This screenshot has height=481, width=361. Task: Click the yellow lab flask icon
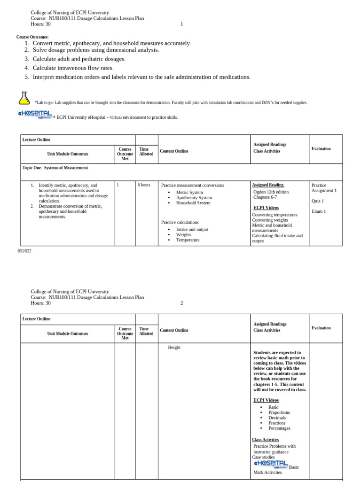click(x=24, y=98)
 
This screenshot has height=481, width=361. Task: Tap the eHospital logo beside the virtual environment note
click(x=35, y=115)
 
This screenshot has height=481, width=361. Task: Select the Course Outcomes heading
click(x=32, y=37)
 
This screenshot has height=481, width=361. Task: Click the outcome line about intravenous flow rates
click(x=73, y=68)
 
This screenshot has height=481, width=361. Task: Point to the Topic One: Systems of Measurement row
click(x=55, y=168)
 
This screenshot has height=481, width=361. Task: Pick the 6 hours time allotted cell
click(x=144, y=185)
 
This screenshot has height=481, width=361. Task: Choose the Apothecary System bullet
click(x=194, y=198)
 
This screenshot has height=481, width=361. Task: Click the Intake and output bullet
click(x=192, y=229)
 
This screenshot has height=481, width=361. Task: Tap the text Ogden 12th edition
click(x=271, y=192)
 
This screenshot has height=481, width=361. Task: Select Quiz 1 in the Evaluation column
click(x=318, y=201)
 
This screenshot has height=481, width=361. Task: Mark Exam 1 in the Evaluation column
click(x=318, y=211)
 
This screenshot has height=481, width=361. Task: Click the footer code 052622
click(x=24, y=251)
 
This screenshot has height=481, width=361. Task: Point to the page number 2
click(x=182, y=303)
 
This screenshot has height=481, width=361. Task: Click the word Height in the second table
click(x=174, y=348)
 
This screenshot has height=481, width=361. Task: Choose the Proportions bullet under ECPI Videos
click(x=279, y=412)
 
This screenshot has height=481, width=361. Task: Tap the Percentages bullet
click(x=279, y=428)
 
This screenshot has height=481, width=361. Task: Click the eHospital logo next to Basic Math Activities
click(x=270, y=464)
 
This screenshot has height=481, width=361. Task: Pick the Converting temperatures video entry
click(x=275, y=215)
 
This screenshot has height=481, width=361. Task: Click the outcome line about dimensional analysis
click(x=95, y=50)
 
